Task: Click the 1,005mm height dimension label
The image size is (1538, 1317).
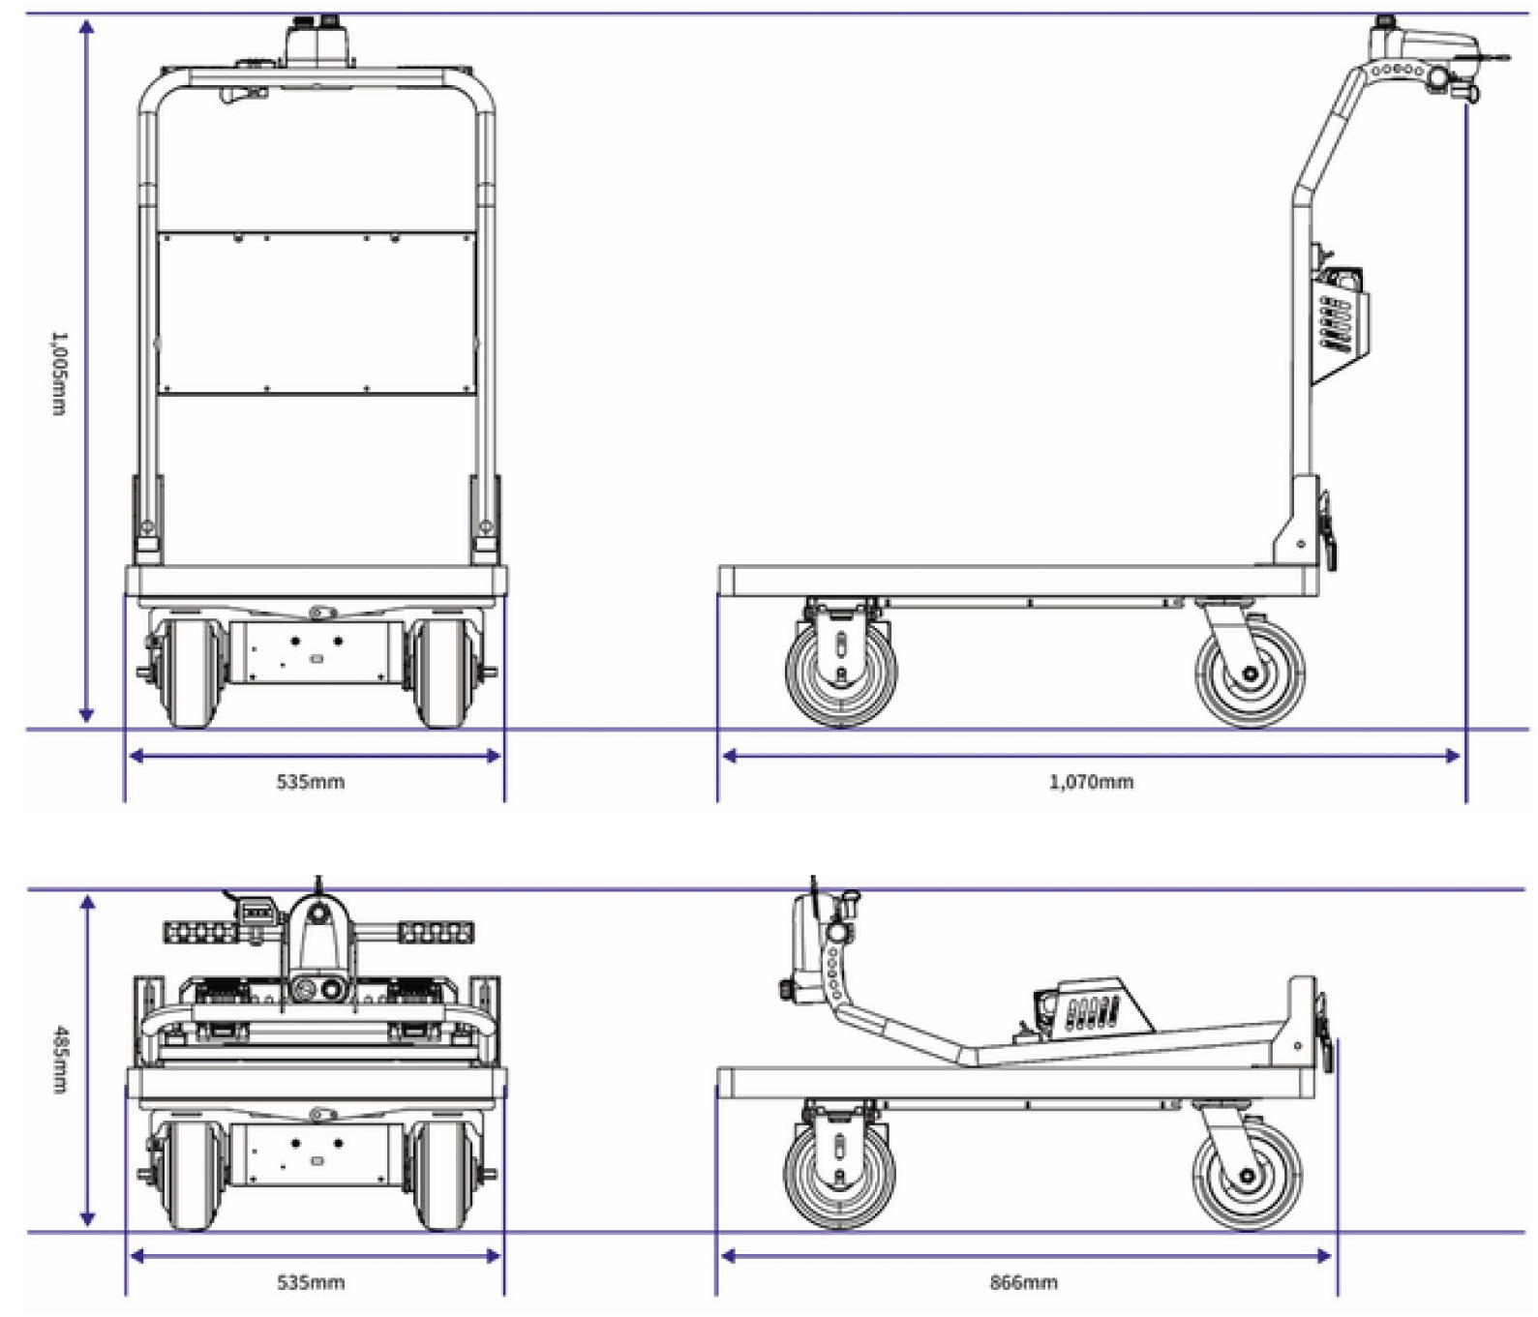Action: click(59, 374)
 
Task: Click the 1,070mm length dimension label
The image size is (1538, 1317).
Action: click(1091, 782)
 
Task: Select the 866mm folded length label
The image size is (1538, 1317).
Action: click(1023, 1282)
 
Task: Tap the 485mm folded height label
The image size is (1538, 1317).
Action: click(59, 1059)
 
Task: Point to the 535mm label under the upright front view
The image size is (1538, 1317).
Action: click(311, 782)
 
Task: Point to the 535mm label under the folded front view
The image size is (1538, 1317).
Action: click(311, 1282)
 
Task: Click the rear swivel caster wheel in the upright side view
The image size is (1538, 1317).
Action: click(1250, 673)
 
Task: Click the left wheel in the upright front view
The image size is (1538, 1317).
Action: click(191, 672)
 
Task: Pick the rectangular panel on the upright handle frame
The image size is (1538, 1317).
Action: click(317, 313)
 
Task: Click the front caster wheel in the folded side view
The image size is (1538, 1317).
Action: click(839, 1175)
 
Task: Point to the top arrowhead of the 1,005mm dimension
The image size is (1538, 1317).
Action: click(86, 26)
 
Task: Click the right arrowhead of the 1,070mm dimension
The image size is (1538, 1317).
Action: click(1452, 756)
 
